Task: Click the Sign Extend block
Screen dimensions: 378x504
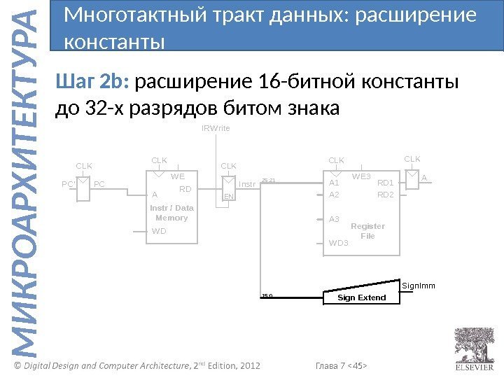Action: point(361,297)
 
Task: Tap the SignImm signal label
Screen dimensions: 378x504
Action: point(419,286)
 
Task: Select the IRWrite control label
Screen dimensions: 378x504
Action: point(216,129)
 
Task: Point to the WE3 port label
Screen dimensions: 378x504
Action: point(361,176)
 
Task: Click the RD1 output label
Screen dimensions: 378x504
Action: point(386,183)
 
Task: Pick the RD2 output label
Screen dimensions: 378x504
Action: point(386,195)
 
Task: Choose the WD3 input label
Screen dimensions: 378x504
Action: point(338,244)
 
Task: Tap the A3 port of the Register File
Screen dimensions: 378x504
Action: point(334,219)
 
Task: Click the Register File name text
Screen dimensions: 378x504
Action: point(367,231)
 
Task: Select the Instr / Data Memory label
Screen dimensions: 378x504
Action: point(171,213)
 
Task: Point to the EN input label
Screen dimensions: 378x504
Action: point(228,198)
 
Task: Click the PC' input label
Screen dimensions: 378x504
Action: point(68,184)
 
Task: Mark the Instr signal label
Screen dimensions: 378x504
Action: point(247,184)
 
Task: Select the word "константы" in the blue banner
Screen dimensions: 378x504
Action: point(114,43)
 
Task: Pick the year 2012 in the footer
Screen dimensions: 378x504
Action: point(248,365)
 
